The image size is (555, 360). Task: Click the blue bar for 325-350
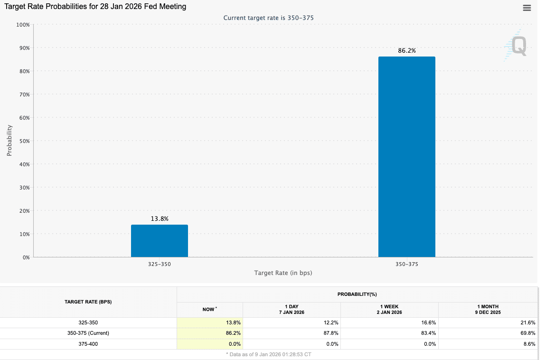160,241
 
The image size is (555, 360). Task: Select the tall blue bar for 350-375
406,157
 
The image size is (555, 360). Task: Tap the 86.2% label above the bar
406,50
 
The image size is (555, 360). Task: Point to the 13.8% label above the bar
160,218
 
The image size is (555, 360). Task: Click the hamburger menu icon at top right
527,8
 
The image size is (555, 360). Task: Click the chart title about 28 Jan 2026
95,7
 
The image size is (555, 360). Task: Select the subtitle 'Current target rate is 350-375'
268,18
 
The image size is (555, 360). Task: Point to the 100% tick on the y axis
23,24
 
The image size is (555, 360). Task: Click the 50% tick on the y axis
23,141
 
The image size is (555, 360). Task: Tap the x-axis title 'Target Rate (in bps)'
283,273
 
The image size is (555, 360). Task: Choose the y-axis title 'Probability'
9,141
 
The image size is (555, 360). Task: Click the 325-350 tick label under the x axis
160,264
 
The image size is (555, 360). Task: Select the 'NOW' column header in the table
209,309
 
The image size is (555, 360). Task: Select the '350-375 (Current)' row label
88,333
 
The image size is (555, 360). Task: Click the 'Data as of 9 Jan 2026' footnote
269,354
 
